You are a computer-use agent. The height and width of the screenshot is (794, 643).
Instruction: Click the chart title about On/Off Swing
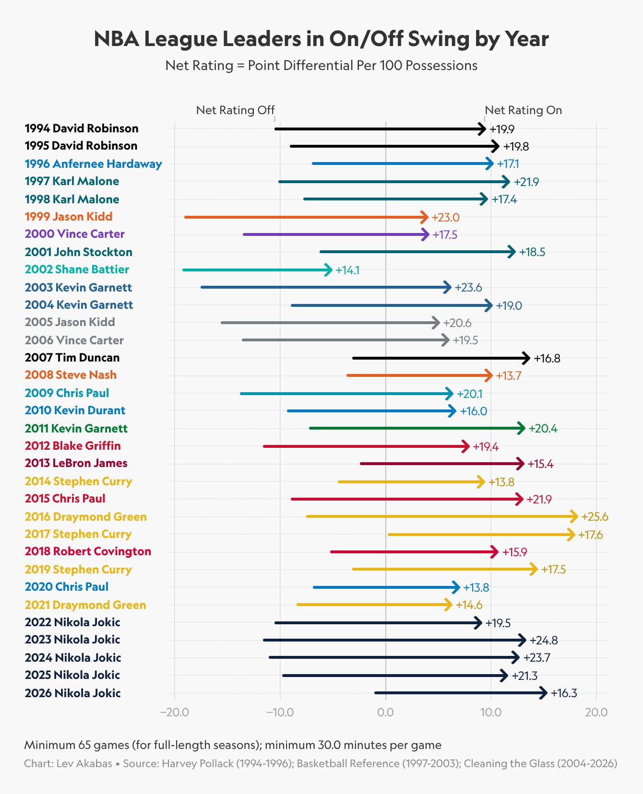click(x=321, y=39)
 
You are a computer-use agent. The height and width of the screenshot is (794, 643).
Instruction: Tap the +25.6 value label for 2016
click(x=595, y=517)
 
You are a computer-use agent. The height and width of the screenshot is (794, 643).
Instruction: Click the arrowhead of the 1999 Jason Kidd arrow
click(x=425, y=217)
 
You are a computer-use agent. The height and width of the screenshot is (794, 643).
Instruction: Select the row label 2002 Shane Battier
click(x=77, y=269)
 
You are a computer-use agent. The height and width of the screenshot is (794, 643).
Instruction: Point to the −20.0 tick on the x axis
click(x=175, y=712)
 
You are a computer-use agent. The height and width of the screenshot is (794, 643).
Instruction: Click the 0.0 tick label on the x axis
click(x=385, y=712)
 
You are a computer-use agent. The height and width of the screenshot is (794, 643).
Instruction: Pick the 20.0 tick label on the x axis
click(x=596, y=712)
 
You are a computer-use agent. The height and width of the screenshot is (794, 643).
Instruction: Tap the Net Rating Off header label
click(x=235, y=110)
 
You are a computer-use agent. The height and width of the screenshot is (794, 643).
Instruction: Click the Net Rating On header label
click(x=523, y=110)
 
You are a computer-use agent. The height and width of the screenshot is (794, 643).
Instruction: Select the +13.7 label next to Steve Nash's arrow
click(x=508, y=375)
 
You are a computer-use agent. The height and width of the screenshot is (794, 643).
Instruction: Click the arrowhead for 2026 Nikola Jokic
click(x=544, y=693)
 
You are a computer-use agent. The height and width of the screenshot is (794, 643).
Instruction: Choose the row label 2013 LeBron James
click(x=76, y=463)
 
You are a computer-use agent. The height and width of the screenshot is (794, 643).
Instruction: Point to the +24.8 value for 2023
click(x=543, y=641)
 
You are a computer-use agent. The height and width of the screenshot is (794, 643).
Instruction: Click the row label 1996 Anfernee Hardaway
click(x=94, y=164)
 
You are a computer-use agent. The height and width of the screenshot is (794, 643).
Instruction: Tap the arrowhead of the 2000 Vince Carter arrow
click(x=426, y=234)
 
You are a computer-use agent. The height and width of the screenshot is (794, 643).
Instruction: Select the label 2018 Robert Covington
click(x=88, y=551)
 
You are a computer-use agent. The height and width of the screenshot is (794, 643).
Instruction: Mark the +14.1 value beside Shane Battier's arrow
click(x=347, y=270)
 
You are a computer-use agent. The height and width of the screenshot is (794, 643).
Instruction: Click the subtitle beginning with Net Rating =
click(x=321, y=66)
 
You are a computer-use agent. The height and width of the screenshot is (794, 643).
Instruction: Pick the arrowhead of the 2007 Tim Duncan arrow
click(x=526, y=358)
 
